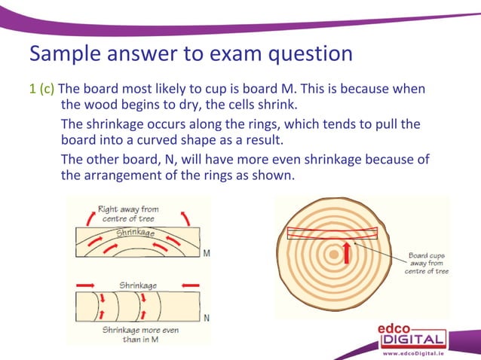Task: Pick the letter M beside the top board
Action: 206,253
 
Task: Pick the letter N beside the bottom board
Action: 206,318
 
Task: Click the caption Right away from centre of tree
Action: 128,213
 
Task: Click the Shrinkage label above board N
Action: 138,285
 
